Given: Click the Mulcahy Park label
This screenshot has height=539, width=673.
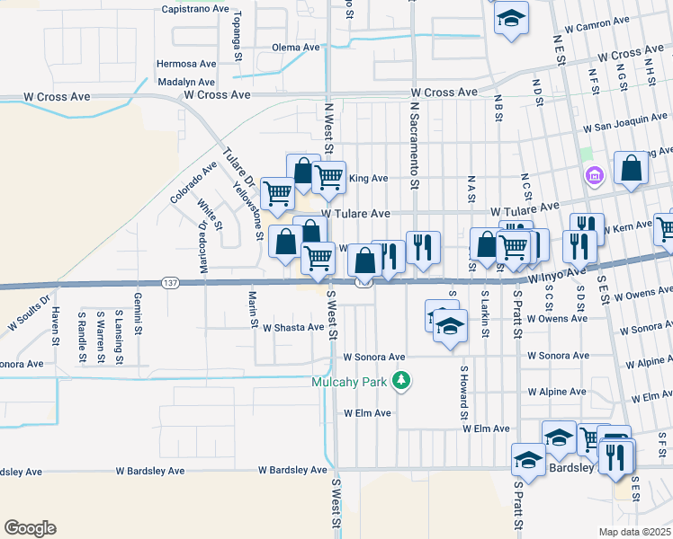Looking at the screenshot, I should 349,382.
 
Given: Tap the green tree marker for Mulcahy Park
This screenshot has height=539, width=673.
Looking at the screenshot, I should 402,382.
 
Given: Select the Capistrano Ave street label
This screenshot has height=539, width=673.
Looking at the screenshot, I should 195,8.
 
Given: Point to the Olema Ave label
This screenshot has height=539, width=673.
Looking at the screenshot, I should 296,47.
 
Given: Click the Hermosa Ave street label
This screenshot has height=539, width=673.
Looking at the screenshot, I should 186,64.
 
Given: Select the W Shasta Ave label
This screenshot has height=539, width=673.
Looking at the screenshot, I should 293,327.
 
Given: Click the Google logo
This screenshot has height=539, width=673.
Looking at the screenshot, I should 30,528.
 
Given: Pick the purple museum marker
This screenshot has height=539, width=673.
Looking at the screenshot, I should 594,173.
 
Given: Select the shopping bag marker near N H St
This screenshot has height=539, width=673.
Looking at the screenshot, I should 632,167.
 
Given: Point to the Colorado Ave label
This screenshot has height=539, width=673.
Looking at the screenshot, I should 193,181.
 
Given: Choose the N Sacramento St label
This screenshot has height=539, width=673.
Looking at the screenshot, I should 415,145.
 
